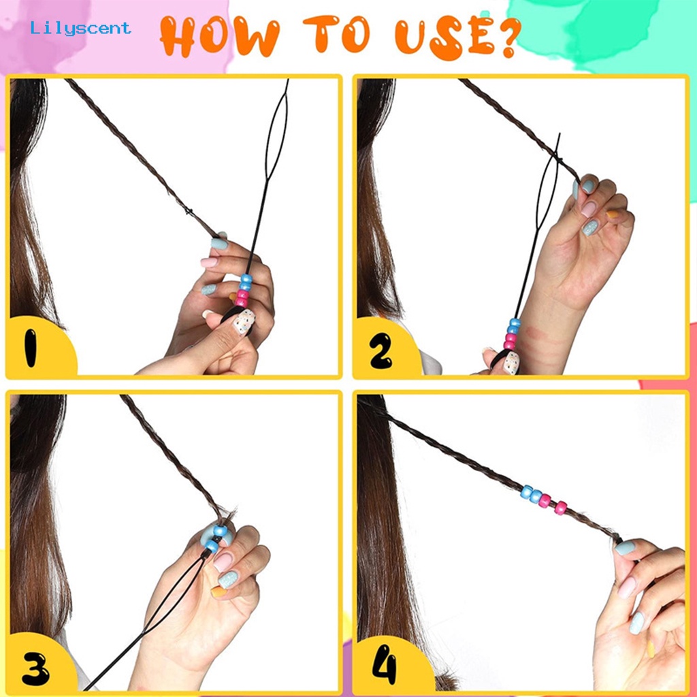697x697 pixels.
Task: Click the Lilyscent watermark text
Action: pyautogui.click(x=80, y=29)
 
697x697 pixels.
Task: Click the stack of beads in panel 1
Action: pyautogui.click(x=243, y=291)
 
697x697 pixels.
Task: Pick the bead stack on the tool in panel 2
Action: pyautogui.click(x=512, y=334)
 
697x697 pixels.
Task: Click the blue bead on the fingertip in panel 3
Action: pyautogui.click(x=220, y=530)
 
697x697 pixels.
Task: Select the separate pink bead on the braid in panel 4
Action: pyautogui.click(x=561, y=508)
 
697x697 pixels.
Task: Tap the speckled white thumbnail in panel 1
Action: pyautogui.click(x=244, y=321)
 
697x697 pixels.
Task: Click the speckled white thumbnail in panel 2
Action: pyautogui.click(x=512, y=362)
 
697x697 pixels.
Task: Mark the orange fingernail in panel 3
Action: pyautogui.click(x=218, y=591)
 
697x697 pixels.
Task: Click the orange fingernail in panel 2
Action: pyautogui.click(x=613, y=214)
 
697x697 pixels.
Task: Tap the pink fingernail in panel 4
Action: pyautogui.click(x=627, y=587)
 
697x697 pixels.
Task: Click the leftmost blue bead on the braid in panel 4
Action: pyautogui.click(x=528, y=491)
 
